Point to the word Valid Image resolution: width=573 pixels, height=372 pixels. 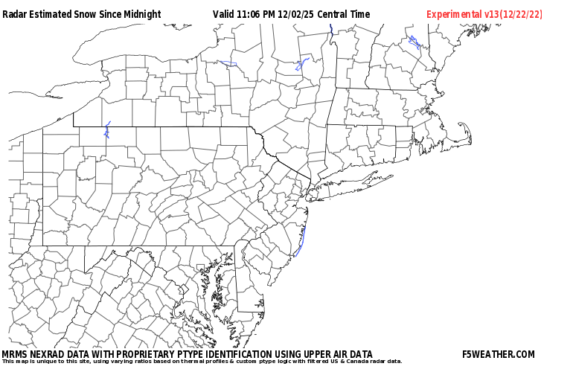223,14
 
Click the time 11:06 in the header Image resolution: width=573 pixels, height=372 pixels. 253,14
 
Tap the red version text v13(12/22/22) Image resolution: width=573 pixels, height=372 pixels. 513,14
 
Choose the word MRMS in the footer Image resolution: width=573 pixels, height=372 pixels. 15,354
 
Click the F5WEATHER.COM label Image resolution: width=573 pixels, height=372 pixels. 498,354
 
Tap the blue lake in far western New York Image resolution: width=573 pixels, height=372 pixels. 107,131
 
